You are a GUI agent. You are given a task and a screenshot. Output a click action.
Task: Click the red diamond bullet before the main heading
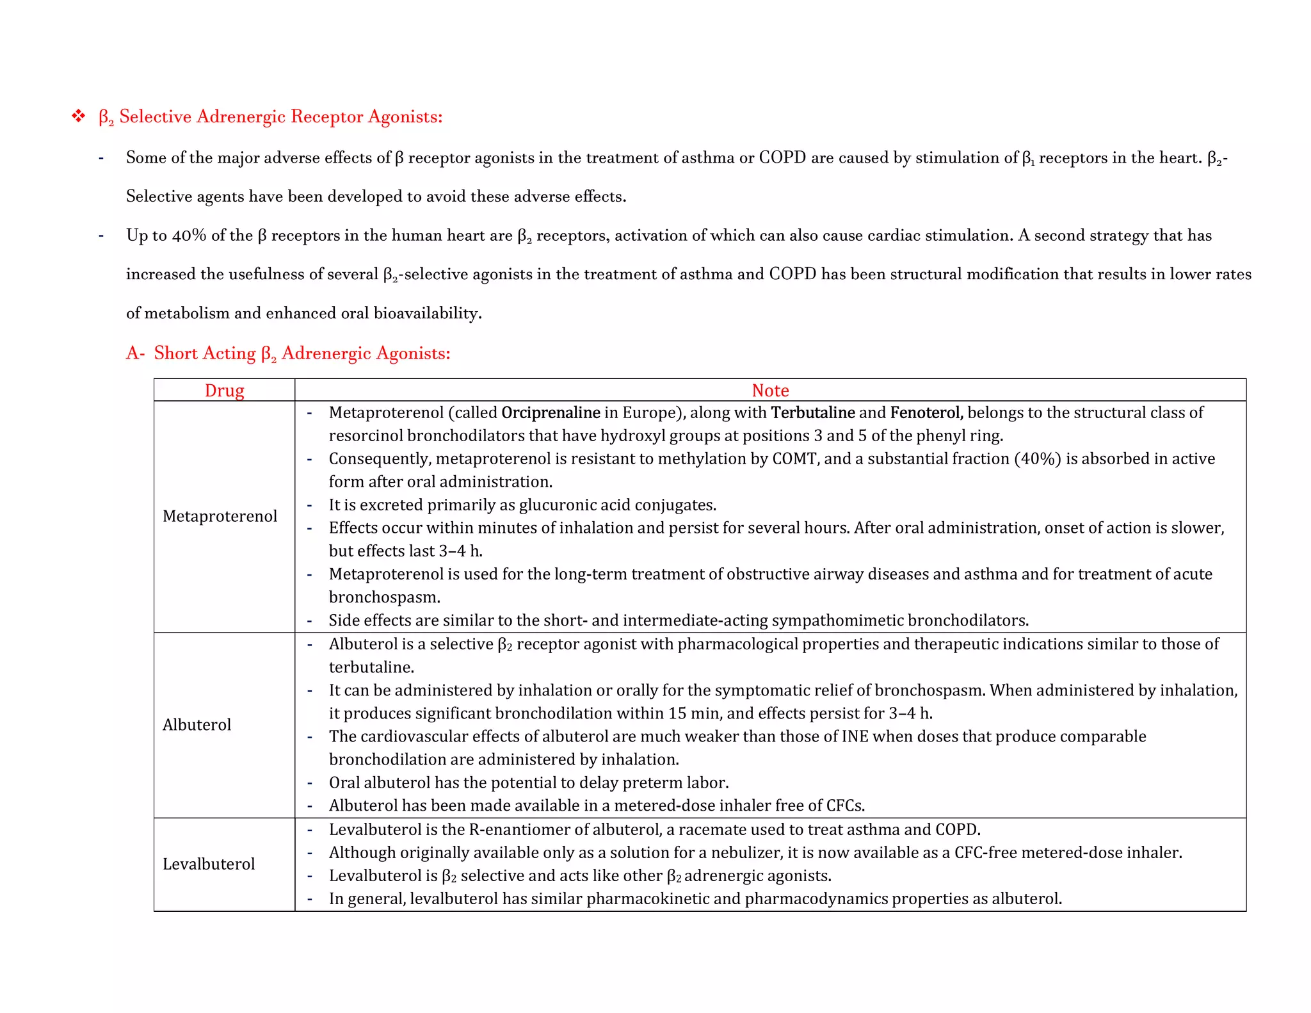click(x=78, y=117)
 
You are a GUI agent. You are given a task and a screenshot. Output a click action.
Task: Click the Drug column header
click(x=224, y=391)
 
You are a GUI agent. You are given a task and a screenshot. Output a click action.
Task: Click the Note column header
click(x=770, y=391)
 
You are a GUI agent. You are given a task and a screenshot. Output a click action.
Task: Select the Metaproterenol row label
click(x=220, y=516)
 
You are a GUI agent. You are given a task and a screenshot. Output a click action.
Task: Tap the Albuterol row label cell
click(x=197, y=725)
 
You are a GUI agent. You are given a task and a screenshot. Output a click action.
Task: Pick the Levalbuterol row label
click(x=209, y=864)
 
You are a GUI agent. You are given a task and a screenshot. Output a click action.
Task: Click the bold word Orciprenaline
click(x=551, y=412)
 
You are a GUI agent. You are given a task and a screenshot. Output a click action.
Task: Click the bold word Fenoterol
click(x=926, y=412)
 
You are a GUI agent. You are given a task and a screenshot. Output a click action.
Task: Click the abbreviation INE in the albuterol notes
click(x=855, y=736)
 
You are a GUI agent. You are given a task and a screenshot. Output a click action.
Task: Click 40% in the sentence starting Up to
click(x=189, y=236)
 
